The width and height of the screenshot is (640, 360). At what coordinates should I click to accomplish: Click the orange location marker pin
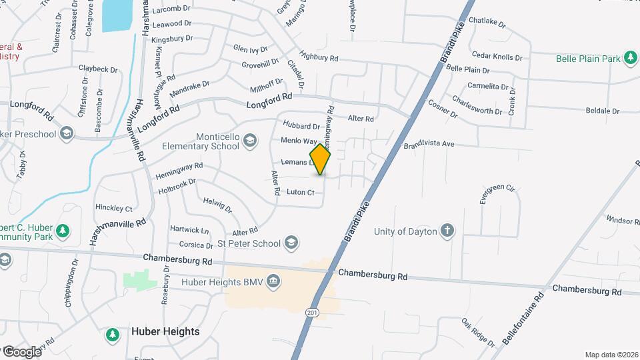click(320, 159)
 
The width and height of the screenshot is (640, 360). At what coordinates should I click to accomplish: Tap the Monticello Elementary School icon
click(249, 140)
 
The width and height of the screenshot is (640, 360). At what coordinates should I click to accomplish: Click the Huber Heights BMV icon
click(272, 282)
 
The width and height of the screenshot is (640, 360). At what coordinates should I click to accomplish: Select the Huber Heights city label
click(165, 331)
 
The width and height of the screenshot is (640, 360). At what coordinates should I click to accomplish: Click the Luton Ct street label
click(300, 192)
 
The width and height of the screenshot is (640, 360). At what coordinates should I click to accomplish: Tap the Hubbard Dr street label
click(301, 125)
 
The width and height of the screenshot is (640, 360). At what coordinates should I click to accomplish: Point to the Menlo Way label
click(298, 141)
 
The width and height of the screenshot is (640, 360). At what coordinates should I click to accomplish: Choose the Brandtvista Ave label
click(428, 144)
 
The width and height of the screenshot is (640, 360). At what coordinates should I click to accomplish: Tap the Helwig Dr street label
click(217, 205)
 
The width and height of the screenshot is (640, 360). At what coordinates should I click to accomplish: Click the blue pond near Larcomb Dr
click(117, 15)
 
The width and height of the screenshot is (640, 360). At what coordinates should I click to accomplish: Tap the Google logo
click(21, 351)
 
